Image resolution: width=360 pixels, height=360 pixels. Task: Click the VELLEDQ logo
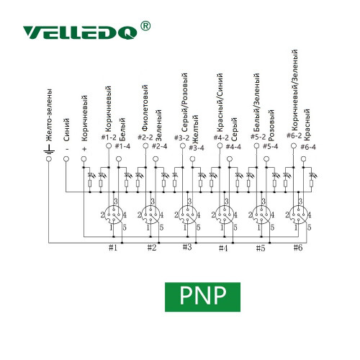click(x=80, y=32)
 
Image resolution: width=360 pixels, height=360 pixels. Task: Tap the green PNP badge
click(x=202, y=297)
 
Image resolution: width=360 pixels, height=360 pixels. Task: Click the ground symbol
click(x=49, y=149)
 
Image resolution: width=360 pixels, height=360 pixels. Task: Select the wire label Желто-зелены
click(x=49, y=115)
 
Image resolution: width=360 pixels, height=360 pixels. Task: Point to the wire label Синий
click(x=66, y=130)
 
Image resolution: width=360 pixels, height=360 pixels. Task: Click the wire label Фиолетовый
click(x=145, y=108)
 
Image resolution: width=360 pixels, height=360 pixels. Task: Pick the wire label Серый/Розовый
click(x=184, y=102)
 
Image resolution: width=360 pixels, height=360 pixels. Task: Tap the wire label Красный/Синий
click(x=220, y=102)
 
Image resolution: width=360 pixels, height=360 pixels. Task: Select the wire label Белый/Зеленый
click(x=256, y=102)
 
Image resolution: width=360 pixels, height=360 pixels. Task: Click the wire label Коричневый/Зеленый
click(x=295, y=90)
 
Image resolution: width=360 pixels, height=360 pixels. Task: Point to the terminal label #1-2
click(x=109, y=138)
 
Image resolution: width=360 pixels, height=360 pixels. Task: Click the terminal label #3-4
click(x=197, y=148)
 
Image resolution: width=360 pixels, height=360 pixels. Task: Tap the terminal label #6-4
click(x=308, y=147)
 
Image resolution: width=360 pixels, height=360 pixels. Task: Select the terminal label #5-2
click(x=258, y=137)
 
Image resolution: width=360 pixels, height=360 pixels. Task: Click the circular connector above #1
click(x=114, y=215)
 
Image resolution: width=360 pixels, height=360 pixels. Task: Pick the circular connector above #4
click(x=225, y=215)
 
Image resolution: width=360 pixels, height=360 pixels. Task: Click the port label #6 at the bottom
click(x=298, y=248)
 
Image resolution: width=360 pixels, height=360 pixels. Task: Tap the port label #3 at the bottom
click(x=187, y=247)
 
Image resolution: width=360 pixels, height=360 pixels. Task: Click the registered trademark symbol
click(x=145, y=26)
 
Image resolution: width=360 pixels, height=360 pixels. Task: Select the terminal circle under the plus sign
click(x=84, y=159)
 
